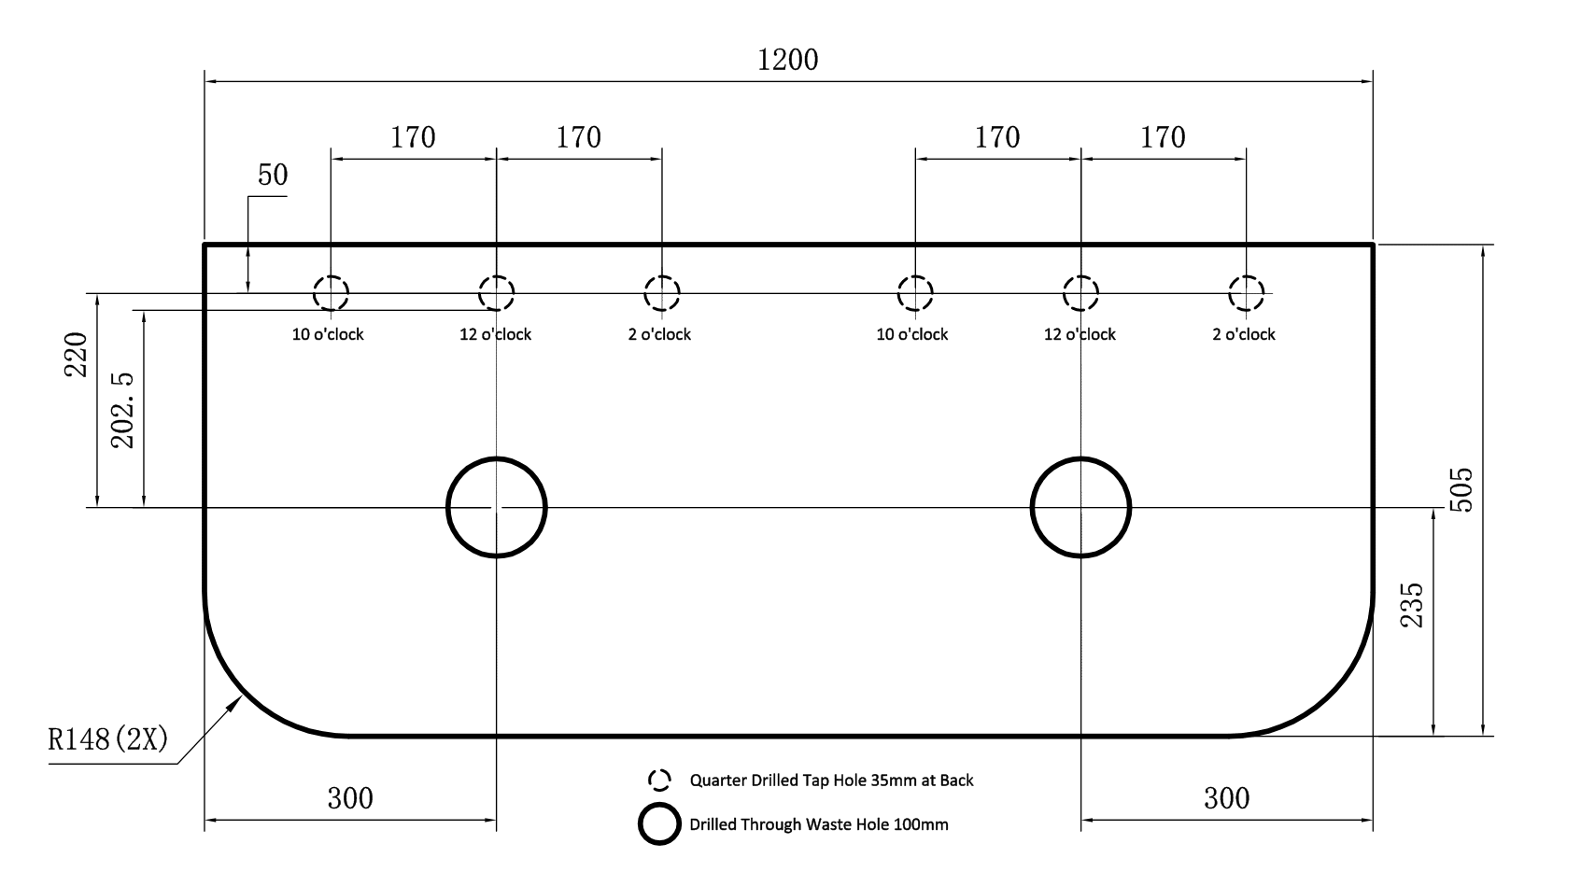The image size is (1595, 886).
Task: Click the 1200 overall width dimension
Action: (787, 60)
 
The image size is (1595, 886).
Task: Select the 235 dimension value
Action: (1412, 604)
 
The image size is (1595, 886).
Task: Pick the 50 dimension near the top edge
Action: (272, 175)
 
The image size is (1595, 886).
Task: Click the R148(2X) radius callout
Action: (108, 740)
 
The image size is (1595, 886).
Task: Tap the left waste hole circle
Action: (496, 507)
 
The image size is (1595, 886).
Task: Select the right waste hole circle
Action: (1080, 507)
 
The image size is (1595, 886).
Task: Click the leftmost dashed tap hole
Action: (331, 293)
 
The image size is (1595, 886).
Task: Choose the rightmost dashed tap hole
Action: (1246, 293)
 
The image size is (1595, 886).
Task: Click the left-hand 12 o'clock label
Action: (495, 334)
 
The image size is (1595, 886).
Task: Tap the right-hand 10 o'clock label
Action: (911, 334)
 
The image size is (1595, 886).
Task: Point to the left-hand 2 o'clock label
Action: (659, 334)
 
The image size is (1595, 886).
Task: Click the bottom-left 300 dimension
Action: (350, 798)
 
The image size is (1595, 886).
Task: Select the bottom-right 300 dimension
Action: (1226, 798)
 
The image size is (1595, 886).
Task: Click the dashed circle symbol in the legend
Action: (659, 780)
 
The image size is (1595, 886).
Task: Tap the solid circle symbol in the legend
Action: (659, 823)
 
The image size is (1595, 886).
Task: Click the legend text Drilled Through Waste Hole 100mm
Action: (818, 824)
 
